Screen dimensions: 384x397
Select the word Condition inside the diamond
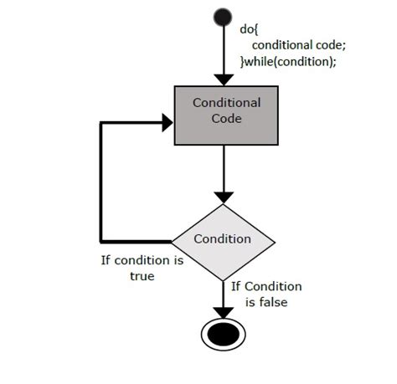[x=223, y=239]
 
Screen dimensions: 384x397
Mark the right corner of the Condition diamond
[x=274, y=239]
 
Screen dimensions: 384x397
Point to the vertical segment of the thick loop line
[x=101, y=180]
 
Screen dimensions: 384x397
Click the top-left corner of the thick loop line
[x=101, y=122]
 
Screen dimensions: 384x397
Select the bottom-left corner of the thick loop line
[x=101, y=239]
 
